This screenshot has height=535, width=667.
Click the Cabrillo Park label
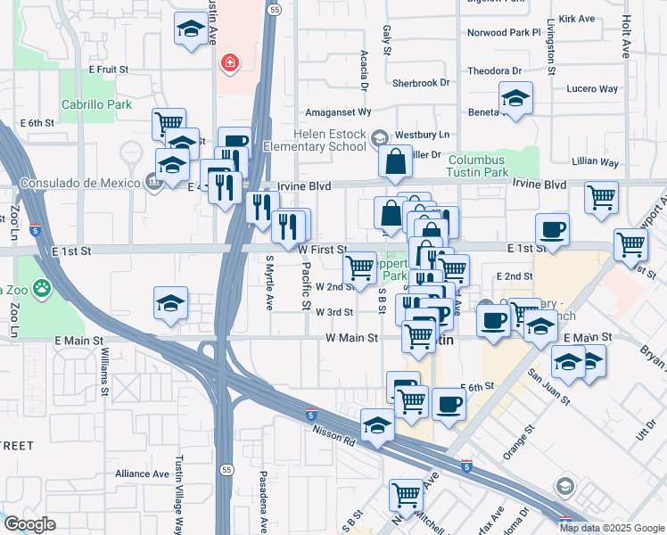(x=96, y=104)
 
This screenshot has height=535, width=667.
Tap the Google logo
(x=29, y=524)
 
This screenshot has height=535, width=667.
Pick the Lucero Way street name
(x=592, y=89)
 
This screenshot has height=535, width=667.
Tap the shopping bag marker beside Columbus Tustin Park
(x=395, y=161)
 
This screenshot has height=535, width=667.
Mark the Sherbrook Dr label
(x=422, y=83)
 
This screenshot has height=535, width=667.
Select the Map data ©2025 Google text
(x=612, y=527)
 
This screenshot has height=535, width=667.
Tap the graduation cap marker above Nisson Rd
(x=377, y=424)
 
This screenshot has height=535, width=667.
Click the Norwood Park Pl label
(x=504, y=32)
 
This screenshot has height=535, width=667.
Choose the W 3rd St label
(x=335, y=312)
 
